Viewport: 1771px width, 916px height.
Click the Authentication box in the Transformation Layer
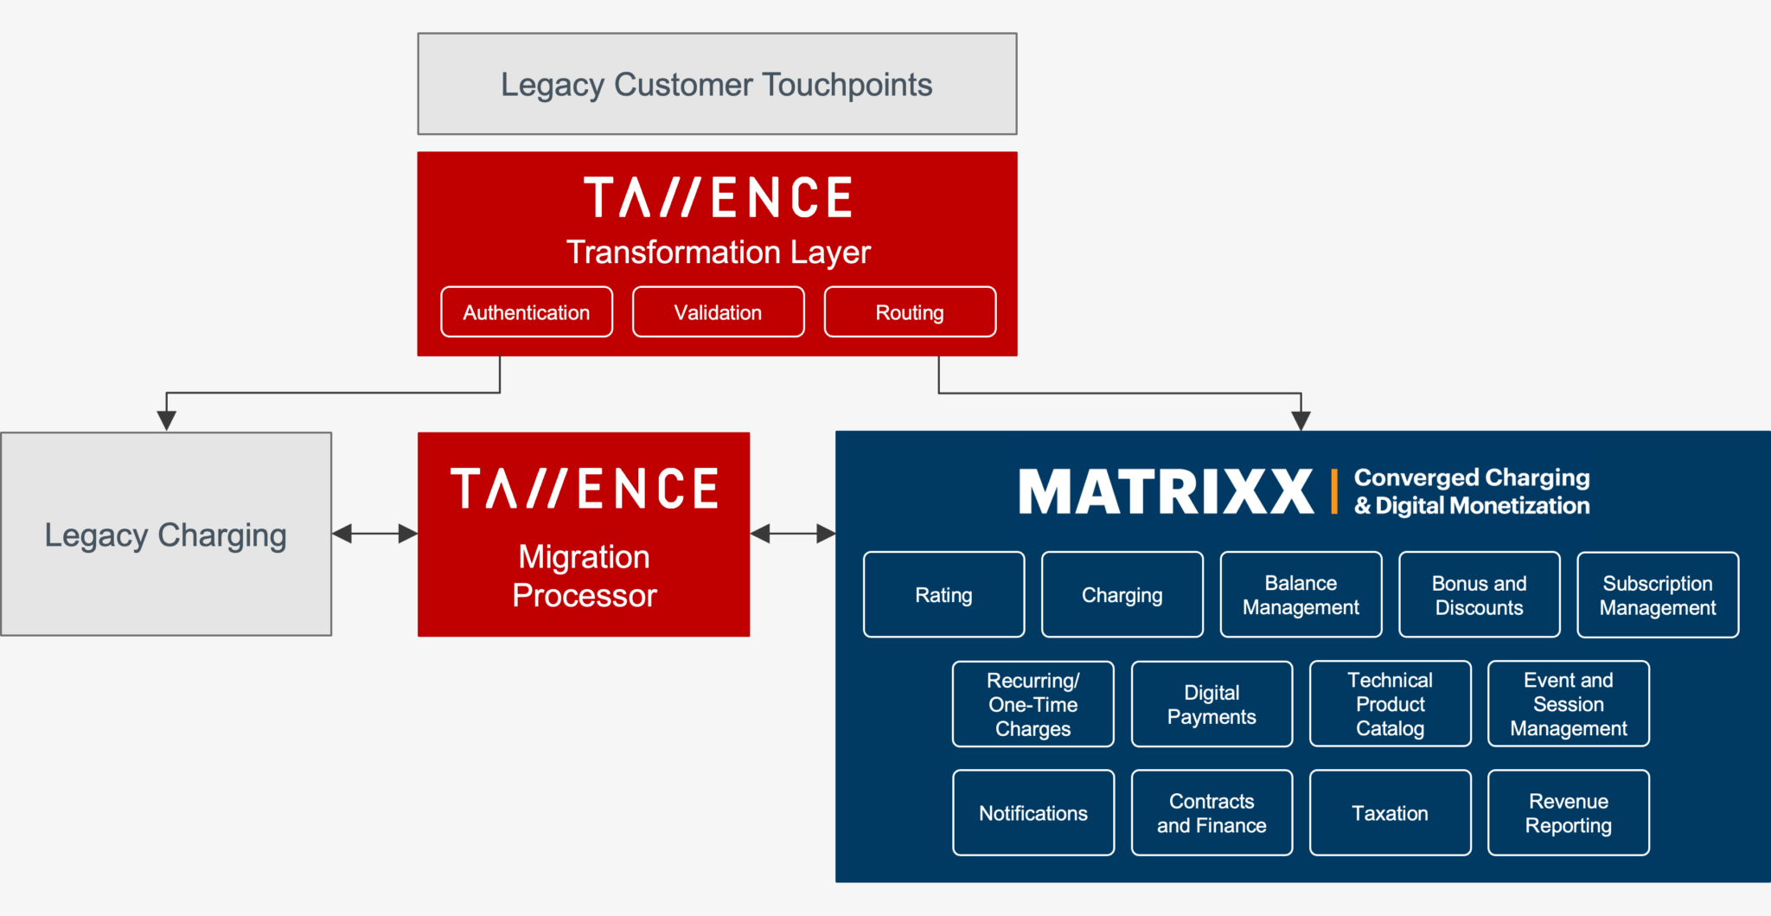coord(527,312)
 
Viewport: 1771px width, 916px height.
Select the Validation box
coord(718,312)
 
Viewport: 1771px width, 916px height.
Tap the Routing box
coord(910,312)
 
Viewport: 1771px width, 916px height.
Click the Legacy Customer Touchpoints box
coord(717,84)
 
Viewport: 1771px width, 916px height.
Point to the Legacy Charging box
coord(166,535)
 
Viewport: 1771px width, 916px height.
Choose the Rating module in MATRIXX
coord(943,595)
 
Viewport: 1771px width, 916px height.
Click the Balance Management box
coord(1301,595)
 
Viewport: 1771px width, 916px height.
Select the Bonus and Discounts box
coord(1479,595)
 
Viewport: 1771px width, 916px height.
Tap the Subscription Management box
coord(1658,595)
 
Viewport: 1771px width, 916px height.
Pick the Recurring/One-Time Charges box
coord(1033,704)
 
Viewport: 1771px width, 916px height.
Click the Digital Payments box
coord(1212,704)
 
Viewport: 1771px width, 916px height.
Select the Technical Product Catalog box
coord(1390,704)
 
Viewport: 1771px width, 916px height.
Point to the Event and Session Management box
coord(1568,704)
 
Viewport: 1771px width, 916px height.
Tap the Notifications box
coord(1033,813)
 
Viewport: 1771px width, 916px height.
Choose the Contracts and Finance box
coord(1212,813)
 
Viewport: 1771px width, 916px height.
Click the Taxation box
coord(1390,813)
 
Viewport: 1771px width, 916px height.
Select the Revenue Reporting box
coord(1568,813)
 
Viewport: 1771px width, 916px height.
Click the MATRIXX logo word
coord(1166,491)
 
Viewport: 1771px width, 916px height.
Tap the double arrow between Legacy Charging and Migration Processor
coord(374,534)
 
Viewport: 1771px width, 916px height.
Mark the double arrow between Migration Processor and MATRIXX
coord(792,534)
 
